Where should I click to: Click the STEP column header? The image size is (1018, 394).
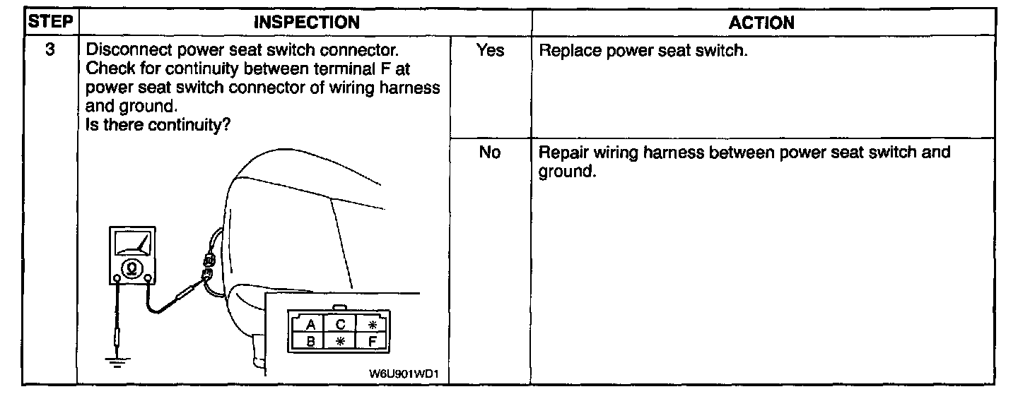point(49,23)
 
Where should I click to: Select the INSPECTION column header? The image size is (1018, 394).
point(305,23)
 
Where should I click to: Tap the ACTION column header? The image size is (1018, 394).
point(761,23)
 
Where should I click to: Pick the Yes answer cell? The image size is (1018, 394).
point(491,52)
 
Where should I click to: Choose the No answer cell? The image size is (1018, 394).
point(489,153)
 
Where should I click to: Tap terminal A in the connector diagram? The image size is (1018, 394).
point(309,326)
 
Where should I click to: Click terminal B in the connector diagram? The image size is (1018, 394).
point(309,342)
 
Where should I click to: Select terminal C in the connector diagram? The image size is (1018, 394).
point(340,326)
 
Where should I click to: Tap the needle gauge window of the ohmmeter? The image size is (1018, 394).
point(130,244)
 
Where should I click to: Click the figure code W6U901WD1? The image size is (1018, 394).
point(409,374)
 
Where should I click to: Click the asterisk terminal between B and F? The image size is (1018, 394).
point(340,342)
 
